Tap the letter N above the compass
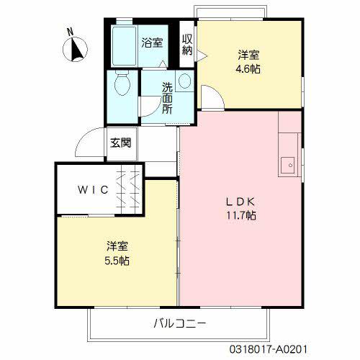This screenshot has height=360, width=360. (70, 32)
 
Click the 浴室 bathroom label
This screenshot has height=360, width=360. (151, 42)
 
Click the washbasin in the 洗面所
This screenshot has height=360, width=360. (184, 81)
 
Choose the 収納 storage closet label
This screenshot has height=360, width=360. (187, 45)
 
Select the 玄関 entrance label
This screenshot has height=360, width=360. (120, 143)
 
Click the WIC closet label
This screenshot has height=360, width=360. (94, 190)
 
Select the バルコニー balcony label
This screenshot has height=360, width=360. (179, 323)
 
